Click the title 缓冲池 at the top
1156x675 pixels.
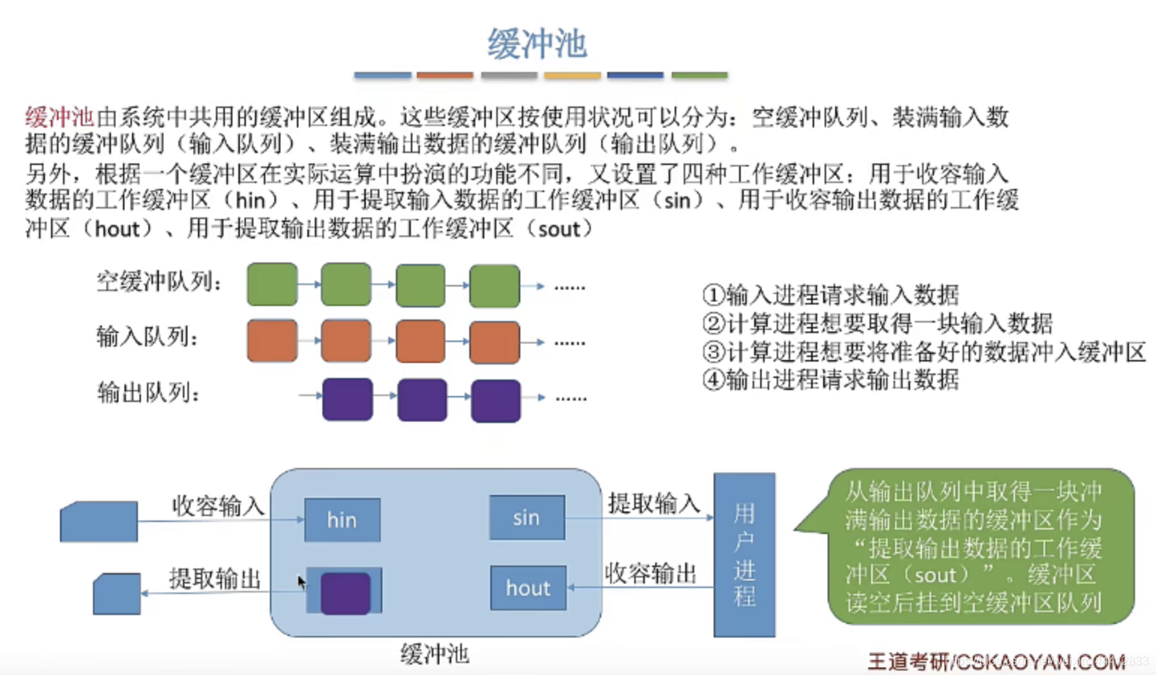point(537,43)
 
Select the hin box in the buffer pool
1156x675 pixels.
point(342,520)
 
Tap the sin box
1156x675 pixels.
point(526,517)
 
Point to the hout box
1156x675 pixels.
point(528,588)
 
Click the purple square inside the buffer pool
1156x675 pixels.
point(346,592)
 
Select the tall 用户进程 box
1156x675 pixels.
point(744,555)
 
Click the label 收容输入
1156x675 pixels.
point(217,506)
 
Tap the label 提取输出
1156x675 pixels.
point(214,579)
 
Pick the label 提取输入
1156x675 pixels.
point(653,503)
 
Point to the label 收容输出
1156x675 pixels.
point(650,574)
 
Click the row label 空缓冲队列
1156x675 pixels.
point(159,282)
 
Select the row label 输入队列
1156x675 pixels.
point(147,337)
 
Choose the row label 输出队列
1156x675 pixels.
point(148,392)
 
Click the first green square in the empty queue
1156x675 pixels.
point(272,284)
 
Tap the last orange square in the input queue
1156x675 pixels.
point(494,342)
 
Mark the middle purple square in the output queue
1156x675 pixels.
point(421,400)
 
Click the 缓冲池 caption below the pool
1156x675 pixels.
point(435,654)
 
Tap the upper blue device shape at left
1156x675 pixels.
point(99,521)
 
